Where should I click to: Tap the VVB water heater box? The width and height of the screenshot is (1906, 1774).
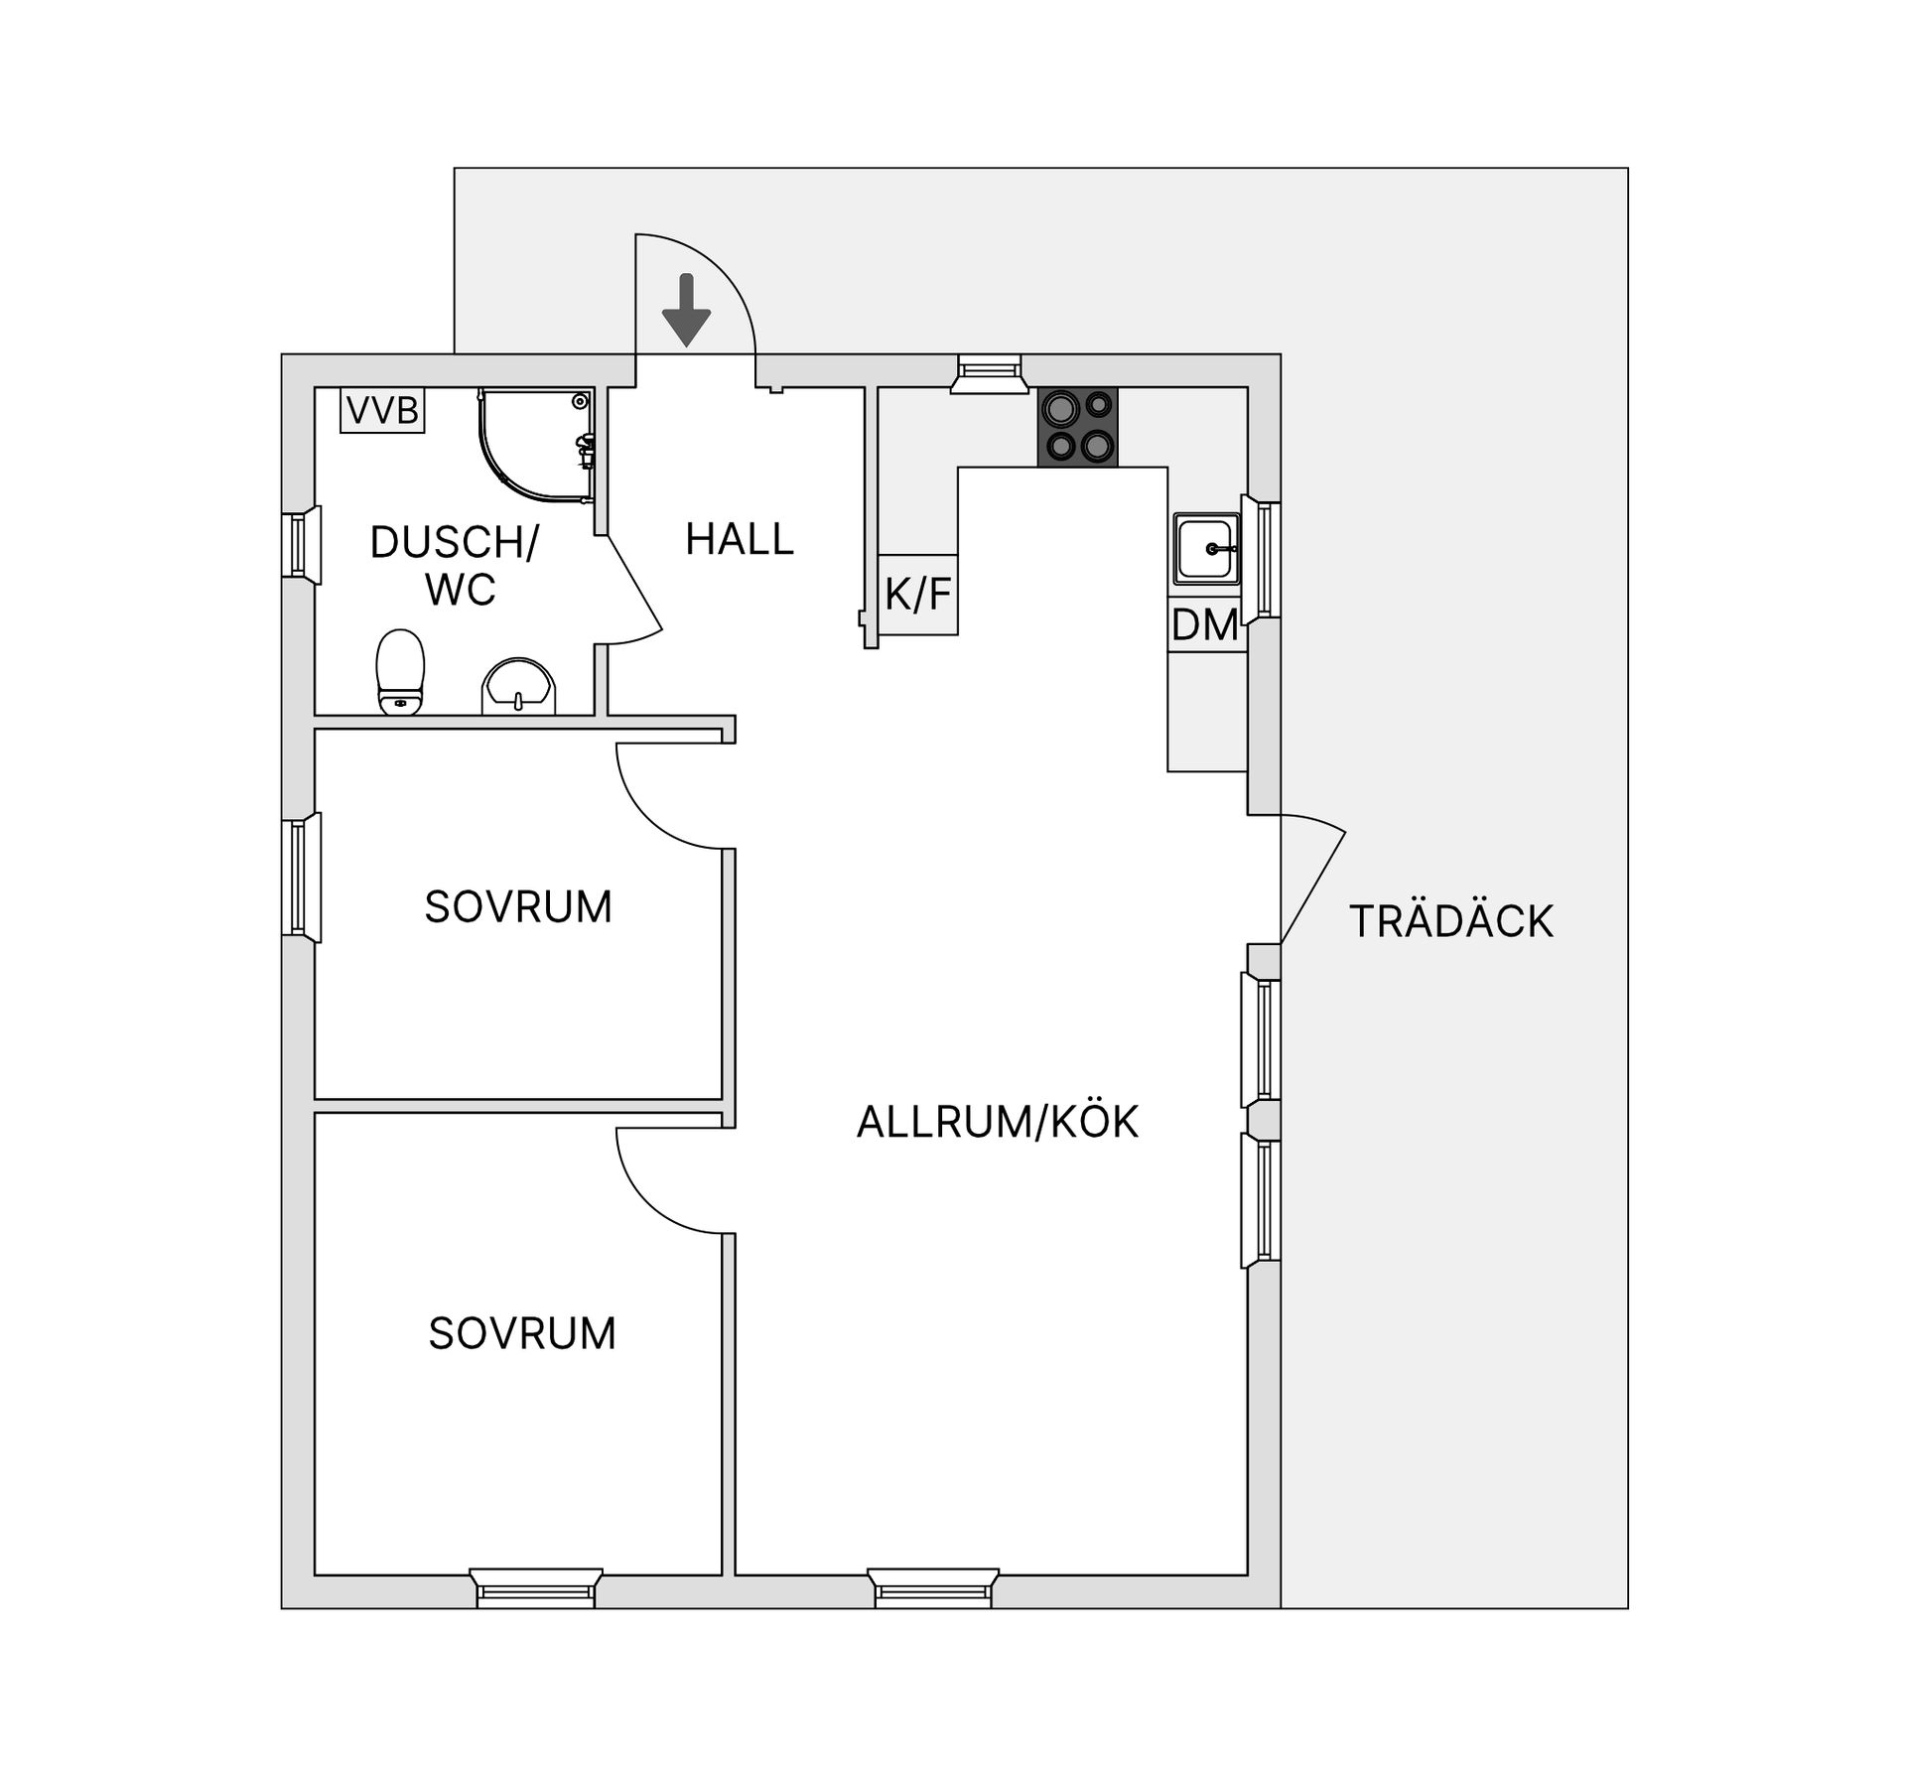[x=382, y=410]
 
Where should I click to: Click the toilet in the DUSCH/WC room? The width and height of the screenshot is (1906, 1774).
[x=400, y=672]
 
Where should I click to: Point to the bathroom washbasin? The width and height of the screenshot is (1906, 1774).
[x=518, y=686]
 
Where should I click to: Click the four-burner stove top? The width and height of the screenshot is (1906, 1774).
[x=1077, y=426]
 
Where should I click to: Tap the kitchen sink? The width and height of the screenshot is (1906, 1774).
[x=1206, y=548]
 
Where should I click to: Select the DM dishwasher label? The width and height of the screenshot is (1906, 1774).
[x=1205, y=625]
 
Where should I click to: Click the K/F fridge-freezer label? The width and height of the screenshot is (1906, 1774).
[x=918, y=595]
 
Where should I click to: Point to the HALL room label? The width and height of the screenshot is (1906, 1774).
[x=740, y=539]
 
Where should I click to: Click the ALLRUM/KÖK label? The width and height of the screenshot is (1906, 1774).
[x=997, y=1122]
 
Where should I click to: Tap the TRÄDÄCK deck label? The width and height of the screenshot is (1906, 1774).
[x=1450, y=921]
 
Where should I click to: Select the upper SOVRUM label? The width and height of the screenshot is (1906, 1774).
[x=518, y=906]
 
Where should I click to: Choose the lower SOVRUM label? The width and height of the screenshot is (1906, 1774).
[x=522, y=1333]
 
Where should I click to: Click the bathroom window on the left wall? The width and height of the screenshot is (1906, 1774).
[x=299, y=545]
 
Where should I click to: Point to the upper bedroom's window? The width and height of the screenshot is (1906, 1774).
[x=299, y=877]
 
